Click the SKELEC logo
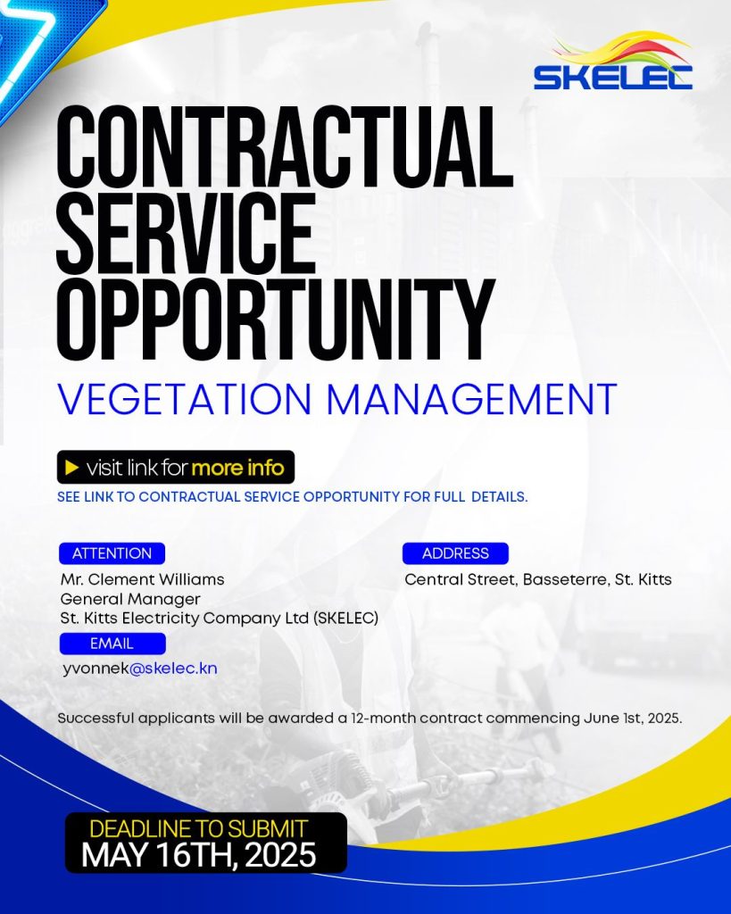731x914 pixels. tap(612, 62)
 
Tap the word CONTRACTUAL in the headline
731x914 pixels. tap(285, 146)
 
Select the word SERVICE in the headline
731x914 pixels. tap(186, 233)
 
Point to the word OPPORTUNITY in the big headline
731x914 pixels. tap(276, 320)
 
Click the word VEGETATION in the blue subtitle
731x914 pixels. tap(184, 399)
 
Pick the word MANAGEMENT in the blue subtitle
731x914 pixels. tap(471, 399)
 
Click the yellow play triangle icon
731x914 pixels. tap(72, 468)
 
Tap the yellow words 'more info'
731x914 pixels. tap(237, 468)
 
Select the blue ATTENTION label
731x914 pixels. tap(112, 553)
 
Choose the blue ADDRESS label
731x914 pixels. tap(455, 553)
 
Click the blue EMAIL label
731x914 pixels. tap(112, 644)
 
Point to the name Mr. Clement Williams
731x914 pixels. tap(142, 579)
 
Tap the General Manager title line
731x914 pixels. tap(130, 599)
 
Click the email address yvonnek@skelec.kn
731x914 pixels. tap(140, 669)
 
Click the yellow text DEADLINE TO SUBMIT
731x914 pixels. tap(198, 829)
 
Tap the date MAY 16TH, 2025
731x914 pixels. tap(199, 855)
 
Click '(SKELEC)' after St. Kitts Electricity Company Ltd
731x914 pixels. tap(345, 619)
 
